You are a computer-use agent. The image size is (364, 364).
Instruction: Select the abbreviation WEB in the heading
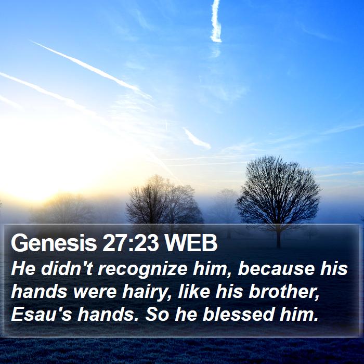pyautogui.click(x=191, y=243)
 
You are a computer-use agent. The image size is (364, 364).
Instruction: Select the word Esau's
pyautogui.click(x=41, y=314)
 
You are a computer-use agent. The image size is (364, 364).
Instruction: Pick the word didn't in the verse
pyautogui.click(x=67, y=269)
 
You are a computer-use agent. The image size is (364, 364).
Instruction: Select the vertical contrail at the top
pyautogui.click(x=216, y=21)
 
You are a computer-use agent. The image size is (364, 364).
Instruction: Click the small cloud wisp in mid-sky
pyautogui.click(x=197, y=138)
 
